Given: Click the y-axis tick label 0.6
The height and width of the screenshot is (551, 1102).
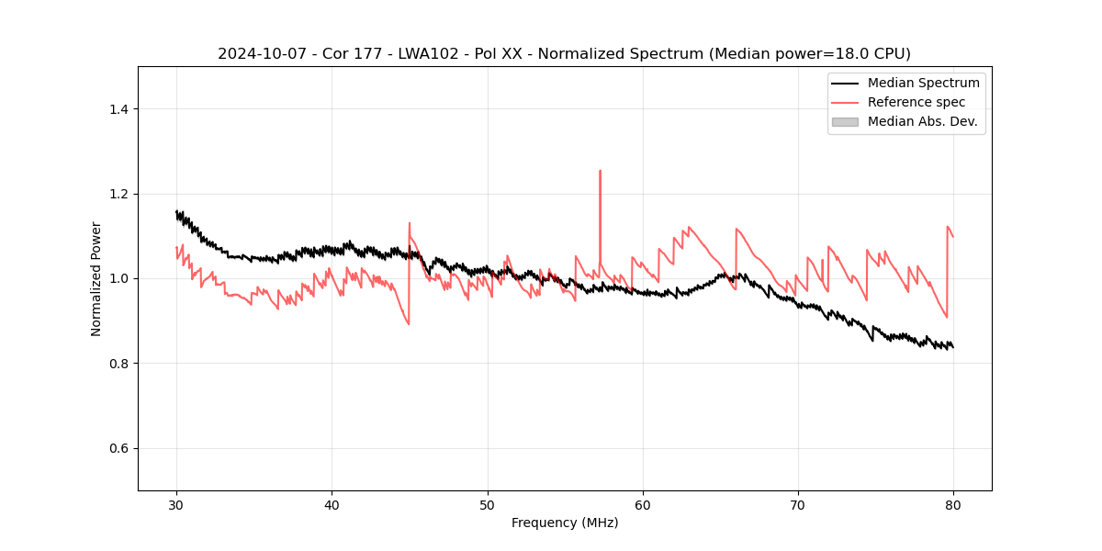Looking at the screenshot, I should [x=118, y=448].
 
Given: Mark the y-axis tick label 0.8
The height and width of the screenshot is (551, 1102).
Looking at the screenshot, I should [x=118, y=364].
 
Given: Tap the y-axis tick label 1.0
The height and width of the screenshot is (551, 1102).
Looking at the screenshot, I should [x=118, y=278].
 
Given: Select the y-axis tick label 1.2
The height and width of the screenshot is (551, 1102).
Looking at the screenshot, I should [x=118, y=194].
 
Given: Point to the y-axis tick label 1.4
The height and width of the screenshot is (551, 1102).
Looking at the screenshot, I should [x=118, y=109].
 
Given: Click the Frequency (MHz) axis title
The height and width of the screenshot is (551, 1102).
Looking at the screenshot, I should [x=565, y=523].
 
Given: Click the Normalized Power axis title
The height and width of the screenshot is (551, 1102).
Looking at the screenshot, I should [x=96, y=278].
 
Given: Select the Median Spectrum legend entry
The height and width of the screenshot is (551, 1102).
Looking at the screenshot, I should [x=923, y=83].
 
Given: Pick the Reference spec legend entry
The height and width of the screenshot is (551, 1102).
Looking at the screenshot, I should [x=916, y=102].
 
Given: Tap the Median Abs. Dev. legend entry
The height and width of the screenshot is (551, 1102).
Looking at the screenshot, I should [x=922, y=121].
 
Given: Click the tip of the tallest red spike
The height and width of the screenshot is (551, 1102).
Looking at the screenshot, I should [x=600, y=171].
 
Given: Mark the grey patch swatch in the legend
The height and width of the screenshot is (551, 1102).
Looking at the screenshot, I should [x=845, y=121].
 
